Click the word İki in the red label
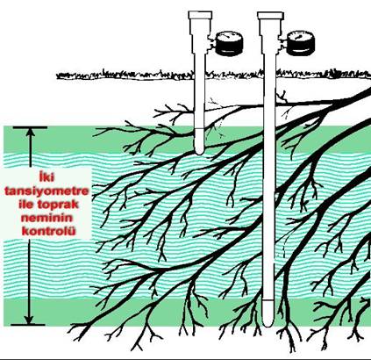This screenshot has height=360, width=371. [x=46, y=177]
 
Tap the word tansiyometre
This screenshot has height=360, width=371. [x=46, y=191]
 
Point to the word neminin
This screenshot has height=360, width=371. [x=46, y=218]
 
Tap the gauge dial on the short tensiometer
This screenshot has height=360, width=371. [x=229, y=44]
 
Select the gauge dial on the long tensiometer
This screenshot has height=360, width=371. [x=299, y=44]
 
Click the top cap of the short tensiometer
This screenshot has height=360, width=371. [x=200, y=15]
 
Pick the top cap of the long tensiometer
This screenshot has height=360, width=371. [x=270, y=16]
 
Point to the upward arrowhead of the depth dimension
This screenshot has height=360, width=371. [x=30, y=133]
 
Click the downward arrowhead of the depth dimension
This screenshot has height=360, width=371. [x=29, y=319]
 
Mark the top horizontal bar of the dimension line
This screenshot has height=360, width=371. [x=30, y=127]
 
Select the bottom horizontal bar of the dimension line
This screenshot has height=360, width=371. [x=28, y=325]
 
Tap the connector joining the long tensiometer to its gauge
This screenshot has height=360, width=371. [x=282, y=44]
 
